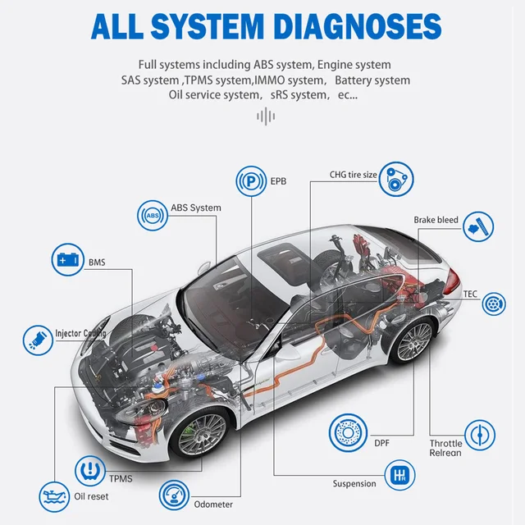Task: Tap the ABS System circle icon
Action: coord(152,215)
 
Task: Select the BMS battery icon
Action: coord(67,260)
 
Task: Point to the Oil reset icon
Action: coord(54,495)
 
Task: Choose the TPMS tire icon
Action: coord(90,470)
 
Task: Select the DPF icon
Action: coord(345,432)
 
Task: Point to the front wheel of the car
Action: coord(200,434)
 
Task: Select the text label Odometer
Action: coord(213,504)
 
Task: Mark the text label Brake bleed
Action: coord(436,220)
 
